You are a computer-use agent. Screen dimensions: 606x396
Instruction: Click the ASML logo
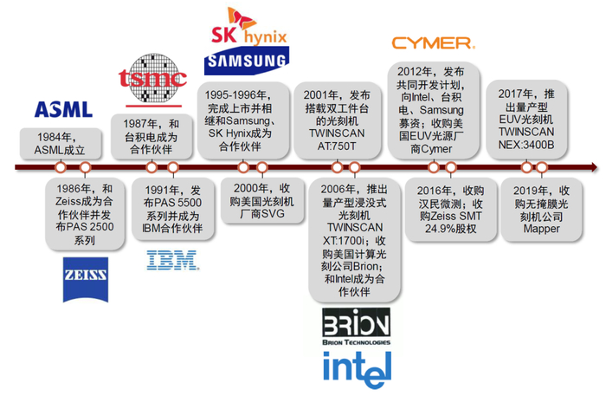click(x=61, y=109)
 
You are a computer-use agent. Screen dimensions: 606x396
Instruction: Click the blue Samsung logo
click(x=245, y=61)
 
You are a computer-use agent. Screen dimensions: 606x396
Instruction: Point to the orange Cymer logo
click(x=432, y=42)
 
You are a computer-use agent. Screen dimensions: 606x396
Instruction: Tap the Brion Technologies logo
click(x=356, y=328)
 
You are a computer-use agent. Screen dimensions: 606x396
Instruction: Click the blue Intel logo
click(x=356, y=368)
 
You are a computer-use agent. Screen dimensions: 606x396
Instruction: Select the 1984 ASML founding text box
click(x=62, y=143)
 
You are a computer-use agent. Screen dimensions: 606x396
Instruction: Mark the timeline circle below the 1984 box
click(x=62, y=167)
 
